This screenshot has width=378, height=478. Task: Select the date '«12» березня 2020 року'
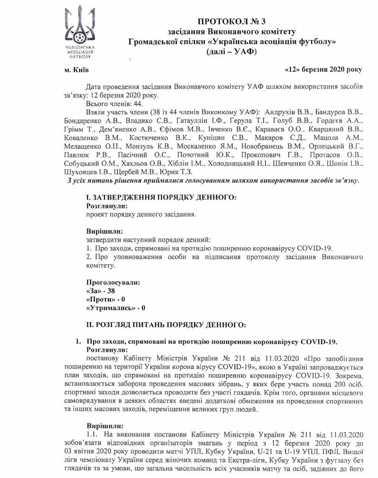pyautogui.click(x=323, y=69)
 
